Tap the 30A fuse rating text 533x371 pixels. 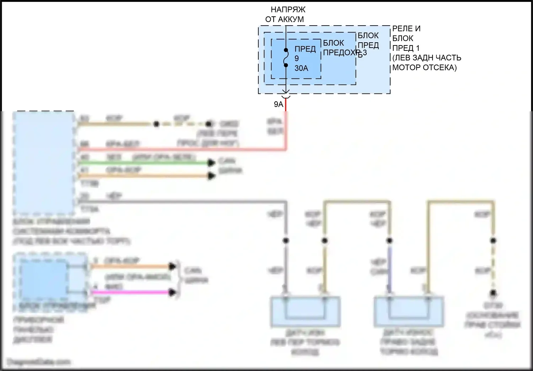tap(301, 68)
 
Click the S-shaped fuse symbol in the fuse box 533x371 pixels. tap(286, 58)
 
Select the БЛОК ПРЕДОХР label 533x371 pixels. tap(340, 48)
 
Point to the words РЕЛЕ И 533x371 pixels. tap(406, 29)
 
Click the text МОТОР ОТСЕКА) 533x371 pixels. tap(424, 68)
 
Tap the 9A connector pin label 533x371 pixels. tap(279, 104)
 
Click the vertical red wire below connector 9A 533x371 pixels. tap(286, 124)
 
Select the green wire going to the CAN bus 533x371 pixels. tap(142, 163)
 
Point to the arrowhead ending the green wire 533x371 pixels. tap(211, 163)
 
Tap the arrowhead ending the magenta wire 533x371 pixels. tap(173, 292)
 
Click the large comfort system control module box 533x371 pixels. tap(44, 162)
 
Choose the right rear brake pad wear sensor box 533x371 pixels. tap(409, 312)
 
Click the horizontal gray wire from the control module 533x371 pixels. tap(178, 201)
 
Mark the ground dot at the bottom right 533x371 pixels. tap(493, 293)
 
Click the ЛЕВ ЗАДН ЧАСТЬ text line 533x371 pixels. tap(427, 58)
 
